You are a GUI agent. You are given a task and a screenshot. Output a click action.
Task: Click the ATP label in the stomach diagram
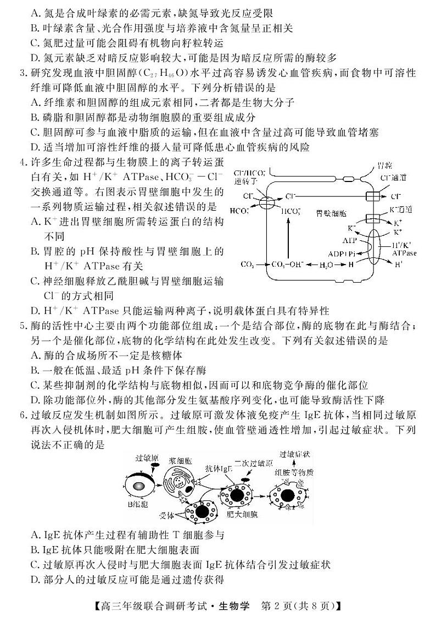pos(349,240)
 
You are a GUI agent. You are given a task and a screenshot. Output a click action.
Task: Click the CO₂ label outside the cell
pos(247,265)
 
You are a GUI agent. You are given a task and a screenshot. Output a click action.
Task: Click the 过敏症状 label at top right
pos(295,454)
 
